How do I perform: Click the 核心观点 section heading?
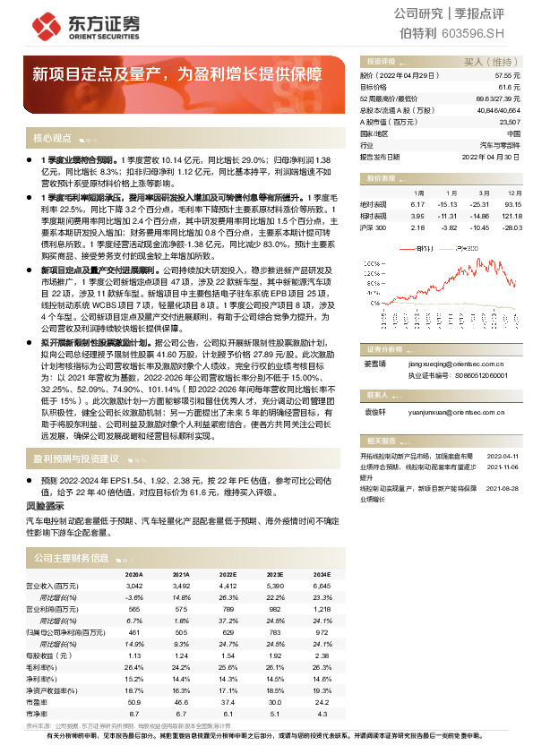click(x=51, y=138)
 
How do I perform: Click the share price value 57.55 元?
click(x=506, y=77)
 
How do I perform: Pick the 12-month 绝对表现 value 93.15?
click(x=512, y=203)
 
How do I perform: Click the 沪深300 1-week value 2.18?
click(x=417, y=227)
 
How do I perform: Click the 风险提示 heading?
click(x=45, y=507)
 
